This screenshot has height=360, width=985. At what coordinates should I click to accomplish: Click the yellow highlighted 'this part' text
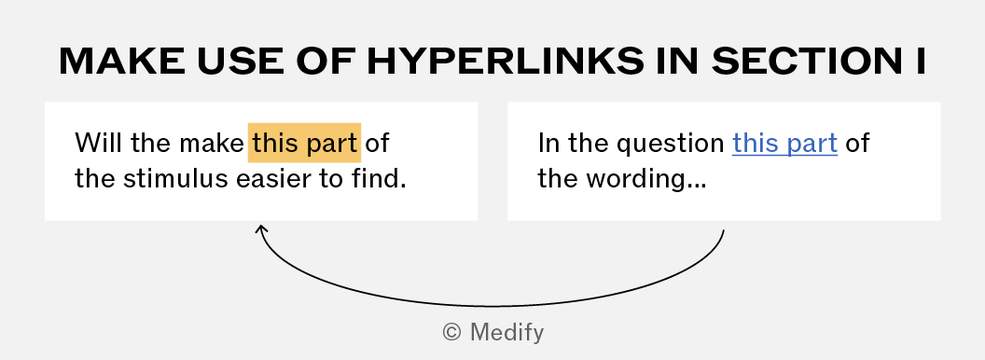pyautogui.click(x=305, y=143)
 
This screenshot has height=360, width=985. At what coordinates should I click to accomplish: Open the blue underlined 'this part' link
pyautogui.click(x=784, y=144)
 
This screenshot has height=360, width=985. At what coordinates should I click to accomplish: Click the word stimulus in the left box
pyautogui.click(x=175, y=179)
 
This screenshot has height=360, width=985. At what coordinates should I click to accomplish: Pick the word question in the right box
pyautogui.click(x=671, y=144)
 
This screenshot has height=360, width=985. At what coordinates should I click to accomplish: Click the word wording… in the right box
pyautogui.click(x=646, y=180)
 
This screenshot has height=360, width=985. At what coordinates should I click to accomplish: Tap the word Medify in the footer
pyautogui.click(x=506, y=332)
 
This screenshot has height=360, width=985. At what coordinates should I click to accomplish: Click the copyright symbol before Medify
pyautogui.click(x=452, y=332)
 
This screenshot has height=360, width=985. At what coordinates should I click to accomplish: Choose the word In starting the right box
pyautogui.click(x=548, y=143)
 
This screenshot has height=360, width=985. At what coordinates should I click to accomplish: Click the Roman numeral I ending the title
pyautogui.click(x=921, y=61)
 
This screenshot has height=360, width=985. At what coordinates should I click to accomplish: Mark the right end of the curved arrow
pyautogui.click(x=724, y=230)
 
